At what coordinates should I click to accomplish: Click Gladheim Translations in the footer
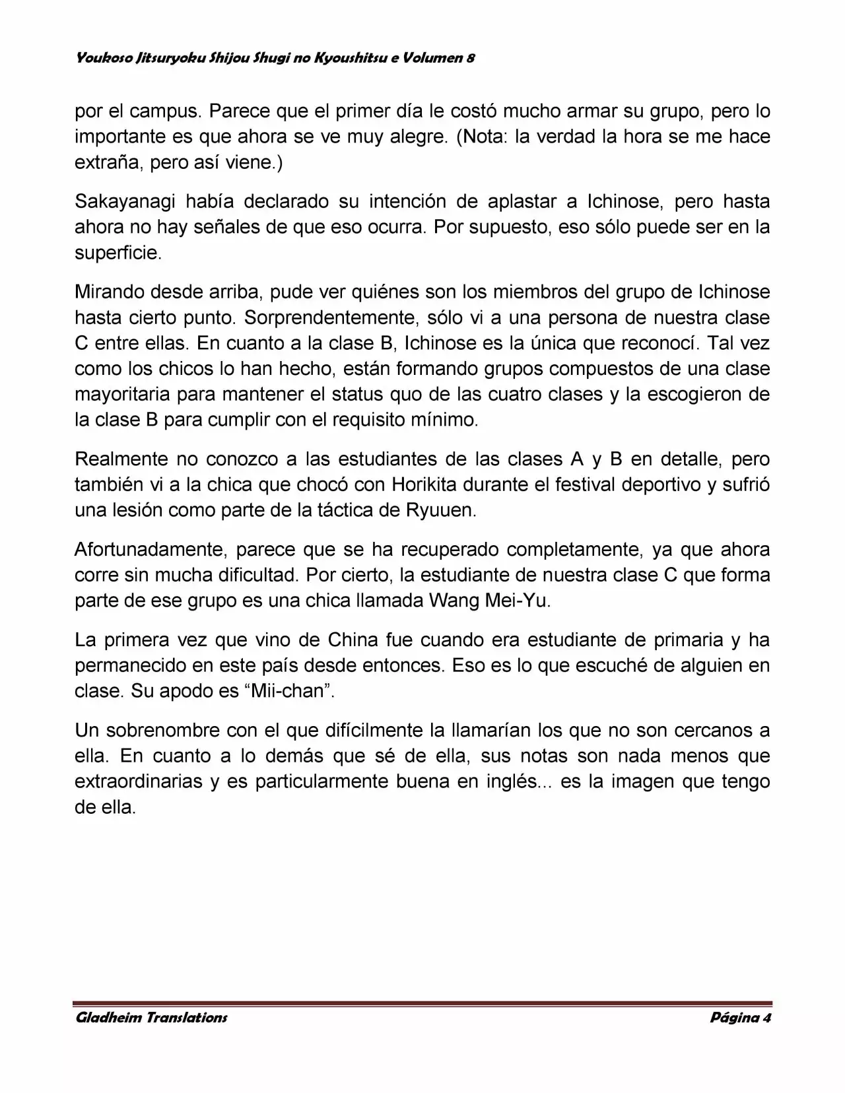pyautogui.click(x=152, y=1017)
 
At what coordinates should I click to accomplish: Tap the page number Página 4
pyautogui.click(x=741, y=1017)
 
